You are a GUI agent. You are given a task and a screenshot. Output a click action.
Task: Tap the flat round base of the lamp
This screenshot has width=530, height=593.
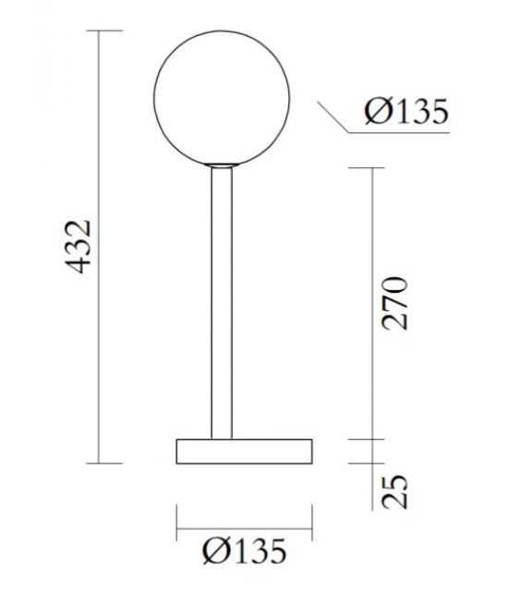pyautogui.click(x=244, y=451)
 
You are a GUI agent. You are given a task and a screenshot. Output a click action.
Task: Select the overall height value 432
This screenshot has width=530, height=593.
pyautogui.click(x=82, y=247)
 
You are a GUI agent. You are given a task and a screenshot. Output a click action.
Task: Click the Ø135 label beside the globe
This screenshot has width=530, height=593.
pyautogui.click(x=405, y=113)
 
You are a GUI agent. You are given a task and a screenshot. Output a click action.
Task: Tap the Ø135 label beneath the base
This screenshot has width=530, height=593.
pyautogui.click(x=244, y=551)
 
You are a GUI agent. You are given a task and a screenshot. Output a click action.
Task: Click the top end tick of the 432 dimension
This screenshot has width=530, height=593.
pyautogui.click(x=109, y=31)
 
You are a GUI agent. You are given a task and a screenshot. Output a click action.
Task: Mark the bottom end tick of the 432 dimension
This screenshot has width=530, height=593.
pyautogui.click(x=109, y=462)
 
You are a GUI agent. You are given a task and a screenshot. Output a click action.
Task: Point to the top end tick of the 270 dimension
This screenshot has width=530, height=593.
pyautogui.click(x=372, y=168)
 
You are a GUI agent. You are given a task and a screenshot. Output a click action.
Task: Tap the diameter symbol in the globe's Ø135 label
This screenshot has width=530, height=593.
pyautogui.click(x=375, y=113)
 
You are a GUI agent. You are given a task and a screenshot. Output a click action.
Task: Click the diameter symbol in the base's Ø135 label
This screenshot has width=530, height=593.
pyautogui.click(x=213, y=551)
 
